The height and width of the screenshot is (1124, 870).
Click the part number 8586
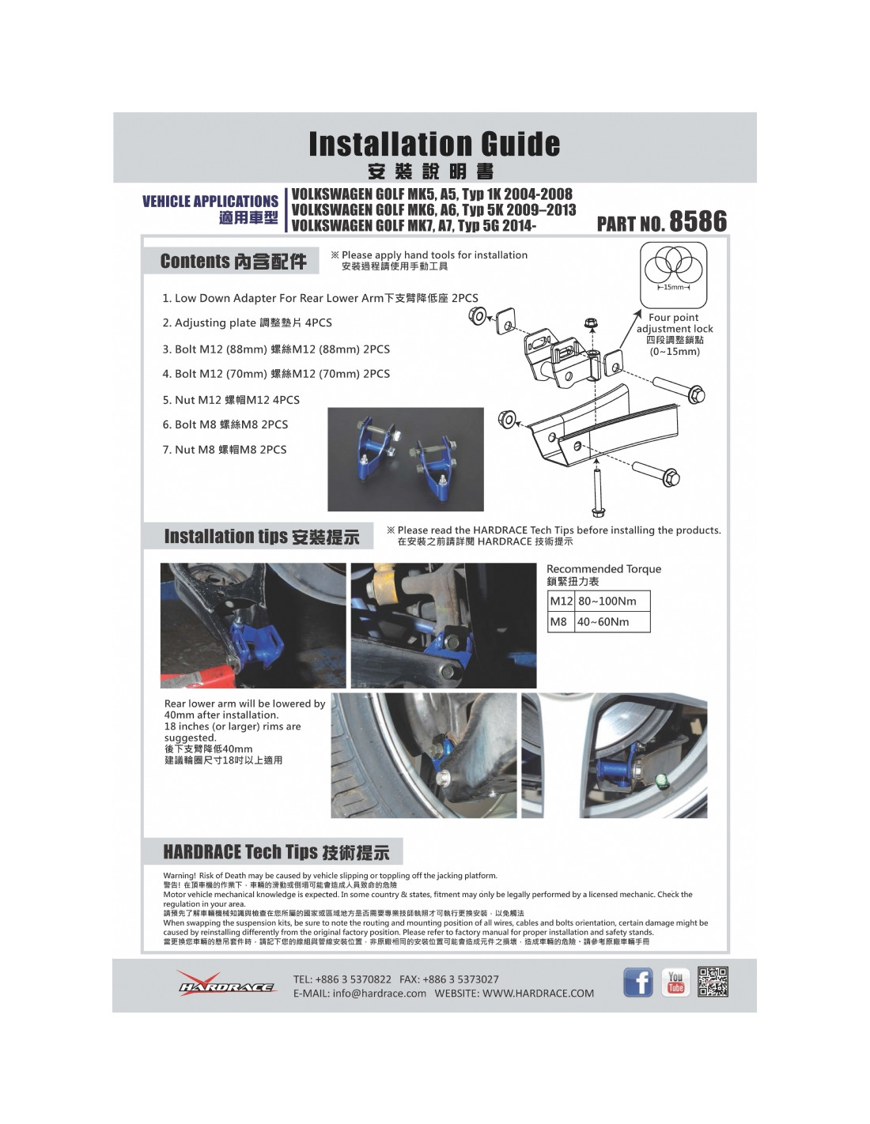[x=698, y=221]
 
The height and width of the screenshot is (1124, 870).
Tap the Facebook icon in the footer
[x=638, y=983]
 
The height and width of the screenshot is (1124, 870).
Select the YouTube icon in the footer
[x=675, y=983]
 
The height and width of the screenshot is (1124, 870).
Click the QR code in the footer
[x=713, y=982]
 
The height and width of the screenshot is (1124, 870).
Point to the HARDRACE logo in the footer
[x=227, y=984]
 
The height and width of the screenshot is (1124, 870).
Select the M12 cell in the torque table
[x=561, y=602]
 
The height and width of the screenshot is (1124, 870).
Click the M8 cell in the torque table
[x=559, y=622]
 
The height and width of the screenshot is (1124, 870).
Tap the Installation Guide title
[x=434, y=145]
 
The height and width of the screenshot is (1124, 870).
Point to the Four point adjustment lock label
[x=675, y=323]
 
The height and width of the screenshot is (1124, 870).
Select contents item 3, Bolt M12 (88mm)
[x=276, y=349]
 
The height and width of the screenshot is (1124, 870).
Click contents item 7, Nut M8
[x=225, y=450]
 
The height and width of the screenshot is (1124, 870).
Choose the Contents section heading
[x=233, y=262]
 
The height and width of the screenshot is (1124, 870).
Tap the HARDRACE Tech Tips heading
[x=275, y=852]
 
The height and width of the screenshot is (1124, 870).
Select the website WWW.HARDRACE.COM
[x=538, y=994]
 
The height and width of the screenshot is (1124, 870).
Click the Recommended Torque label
[x=603, y=569]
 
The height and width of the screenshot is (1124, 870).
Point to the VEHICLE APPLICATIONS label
[x=210, y=202]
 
